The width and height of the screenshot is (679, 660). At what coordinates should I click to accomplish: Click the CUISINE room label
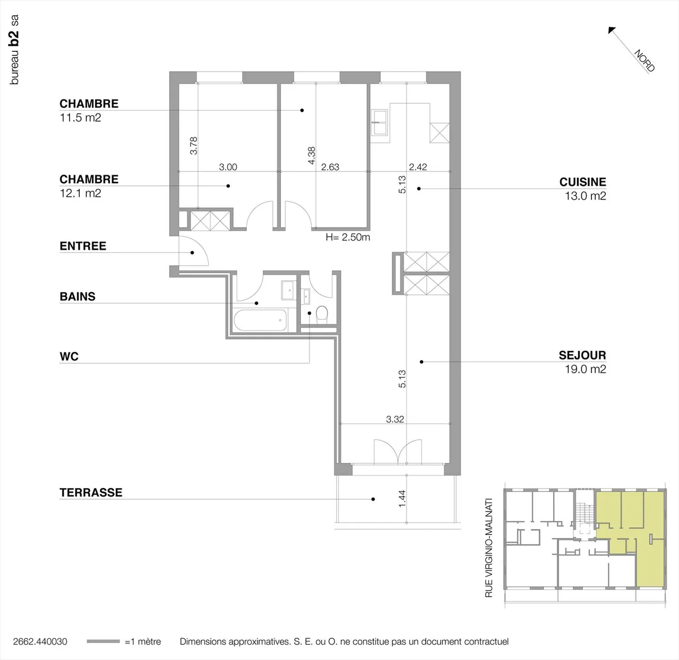[582, 182]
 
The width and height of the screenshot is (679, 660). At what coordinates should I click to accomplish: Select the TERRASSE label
[91, 493]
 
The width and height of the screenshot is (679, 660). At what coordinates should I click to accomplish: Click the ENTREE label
[83, 246]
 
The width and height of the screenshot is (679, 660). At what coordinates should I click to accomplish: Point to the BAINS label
[77, 297]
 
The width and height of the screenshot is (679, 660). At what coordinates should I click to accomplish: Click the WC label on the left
[69, 357]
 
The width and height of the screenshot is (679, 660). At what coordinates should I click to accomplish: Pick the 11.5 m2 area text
[80, 117]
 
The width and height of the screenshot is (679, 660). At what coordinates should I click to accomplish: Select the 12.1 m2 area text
[80, 193]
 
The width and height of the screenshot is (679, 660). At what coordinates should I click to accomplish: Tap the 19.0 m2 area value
[585, 369]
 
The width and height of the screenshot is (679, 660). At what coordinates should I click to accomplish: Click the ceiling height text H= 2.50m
[348, 237]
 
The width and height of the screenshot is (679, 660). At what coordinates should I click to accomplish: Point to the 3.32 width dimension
[395, 419]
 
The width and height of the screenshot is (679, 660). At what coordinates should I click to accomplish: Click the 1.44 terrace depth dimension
[402, 499]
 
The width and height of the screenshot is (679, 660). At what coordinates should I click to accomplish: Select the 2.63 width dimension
[330, 167]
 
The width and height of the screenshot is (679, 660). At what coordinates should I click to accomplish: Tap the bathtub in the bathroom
[260, 320]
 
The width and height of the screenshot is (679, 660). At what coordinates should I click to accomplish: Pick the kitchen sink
[379, 122]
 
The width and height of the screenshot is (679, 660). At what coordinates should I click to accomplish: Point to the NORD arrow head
[612, 30]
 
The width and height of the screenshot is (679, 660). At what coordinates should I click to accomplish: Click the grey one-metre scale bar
[103, 642]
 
